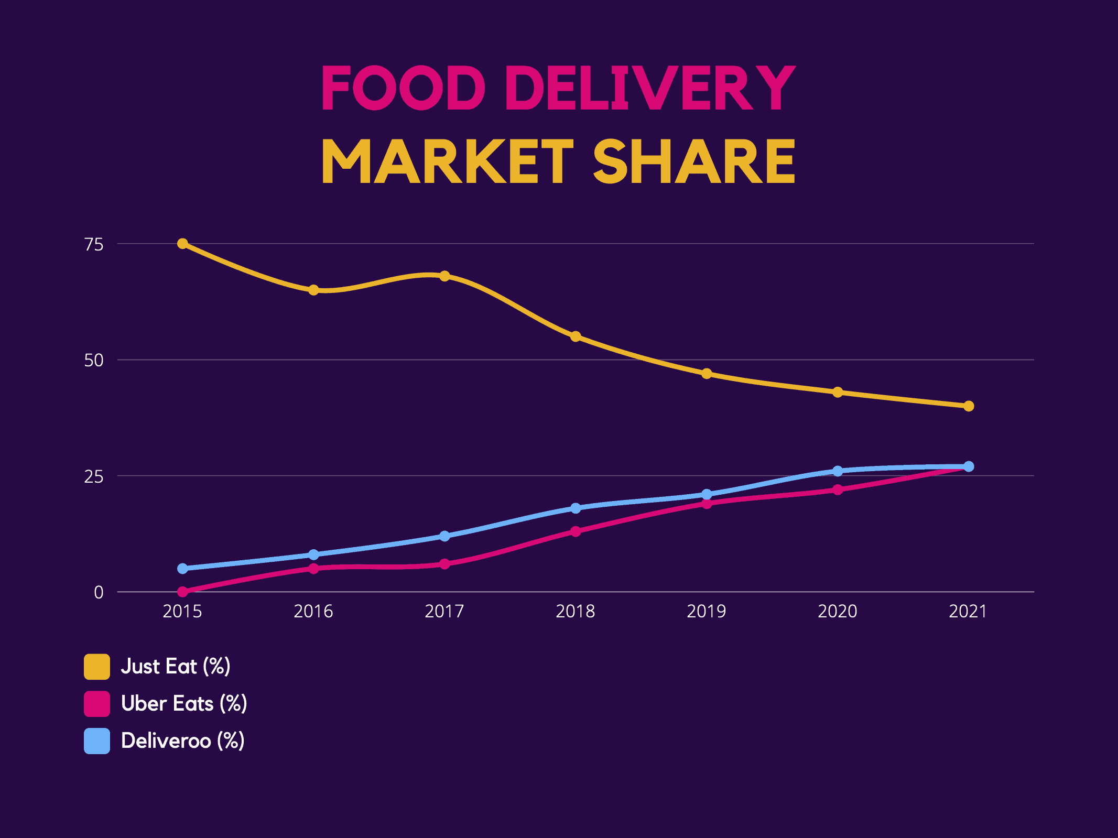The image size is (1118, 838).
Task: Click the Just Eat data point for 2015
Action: pos(182,244)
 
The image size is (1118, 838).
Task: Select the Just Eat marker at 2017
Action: pos(444,276)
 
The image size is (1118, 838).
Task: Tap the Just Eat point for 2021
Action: pos(969,406)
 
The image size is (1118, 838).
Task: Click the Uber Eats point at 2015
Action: pos(182,592)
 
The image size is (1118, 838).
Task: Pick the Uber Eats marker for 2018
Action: pos(576,531)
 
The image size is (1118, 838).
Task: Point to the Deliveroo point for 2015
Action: pos(182,569)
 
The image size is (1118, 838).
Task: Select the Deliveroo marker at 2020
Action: pos(838,471)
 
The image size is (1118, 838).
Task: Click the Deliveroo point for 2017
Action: pos(444,536)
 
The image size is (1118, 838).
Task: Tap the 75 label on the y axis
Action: pos(94,244)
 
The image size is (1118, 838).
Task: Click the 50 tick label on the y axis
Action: pos(94,361)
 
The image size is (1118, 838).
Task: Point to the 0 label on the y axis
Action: pos(99,593)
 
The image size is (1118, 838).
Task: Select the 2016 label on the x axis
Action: pos(313,612)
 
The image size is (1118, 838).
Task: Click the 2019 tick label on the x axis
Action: pos(707,612)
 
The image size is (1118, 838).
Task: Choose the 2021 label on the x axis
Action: pos(968,612)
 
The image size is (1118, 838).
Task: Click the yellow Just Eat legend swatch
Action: pos(97,667)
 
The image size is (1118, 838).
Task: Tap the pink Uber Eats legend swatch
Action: pos(97,704)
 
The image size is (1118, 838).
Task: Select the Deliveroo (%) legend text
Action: pos(182,741)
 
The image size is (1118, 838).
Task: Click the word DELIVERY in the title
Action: pos(650,88)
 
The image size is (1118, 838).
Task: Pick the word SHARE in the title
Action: pos(694,161)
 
